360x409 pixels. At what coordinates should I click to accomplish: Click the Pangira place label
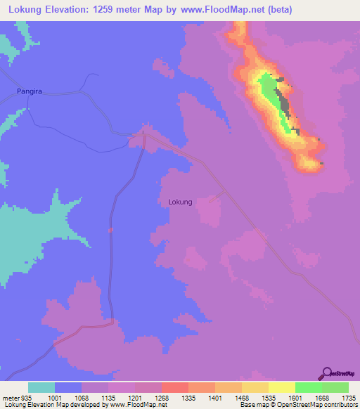click(30, 91)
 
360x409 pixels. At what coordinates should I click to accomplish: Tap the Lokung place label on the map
click(181, 202)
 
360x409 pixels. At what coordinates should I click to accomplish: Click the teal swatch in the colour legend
click(41, 387)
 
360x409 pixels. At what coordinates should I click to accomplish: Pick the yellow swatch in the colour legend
click(281, 387)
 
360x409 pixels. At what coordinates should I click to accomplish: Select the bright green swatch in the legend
click(308, 387)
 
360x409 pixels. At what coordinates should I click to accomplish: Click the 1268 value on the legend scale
click(160, 397)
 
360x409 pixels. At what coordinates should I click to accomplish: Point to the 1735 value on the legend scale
click(347, 397)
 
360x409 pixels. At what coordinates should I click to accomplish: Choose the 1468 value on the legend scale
click(240, 397)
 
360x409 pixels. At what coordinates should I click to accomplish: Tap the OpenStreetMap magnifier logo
click(327, 373)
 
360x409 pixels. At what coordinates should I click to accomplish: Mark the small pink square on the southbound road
click(110, 229)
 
